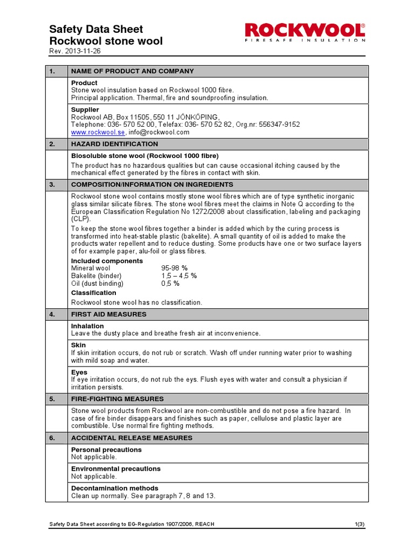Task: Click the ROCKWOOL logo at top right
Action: [x=305, y=32]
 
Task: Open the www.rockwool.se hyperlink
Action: [x=98, y=132]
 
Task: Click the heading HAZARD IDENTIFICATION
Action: [x=115, y=144]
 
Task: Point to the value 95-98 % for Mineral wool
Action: [x=174, y=268]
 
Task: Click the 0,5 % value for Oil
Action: [x=170, y=283]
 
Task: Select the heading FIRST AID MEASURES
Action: [x=109, y=314]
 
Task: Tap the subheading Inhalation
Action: [x=87, y=326]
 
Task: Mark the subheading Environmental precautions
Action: [x=116, y=468]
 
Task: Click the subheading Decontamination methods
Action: [x=114, y=488]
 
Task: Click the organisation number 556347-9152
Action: [x=279, y=125]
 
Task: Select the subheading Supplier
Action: [x=85, y=109]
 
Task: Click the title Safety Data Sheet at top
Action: [x=96, y=29]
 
